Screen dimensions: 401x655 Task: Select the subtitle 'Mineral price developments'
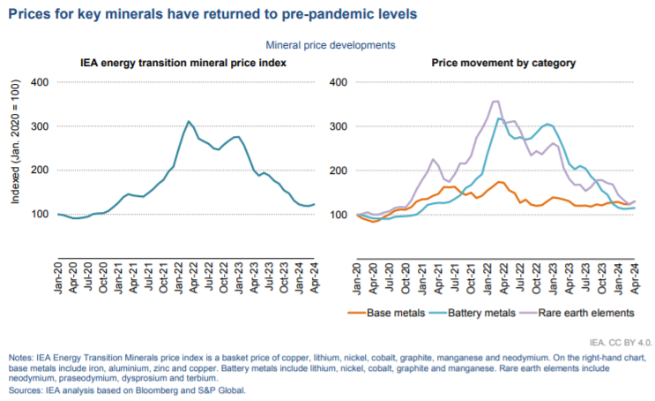(x=329, y=44)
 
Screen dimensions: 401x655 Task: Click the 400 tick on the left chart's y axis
(x=40, y=82)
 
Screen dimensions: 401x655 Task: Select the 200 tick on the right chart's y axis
(x=339, y=170)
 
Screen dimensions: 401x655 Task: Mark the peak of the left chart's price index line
(x=188, y=121)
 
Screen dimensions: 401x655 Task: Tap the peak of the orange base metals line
(x=500, y=182)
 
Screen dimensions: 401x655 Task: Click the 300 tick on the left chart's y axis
(x=40, y=126)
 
